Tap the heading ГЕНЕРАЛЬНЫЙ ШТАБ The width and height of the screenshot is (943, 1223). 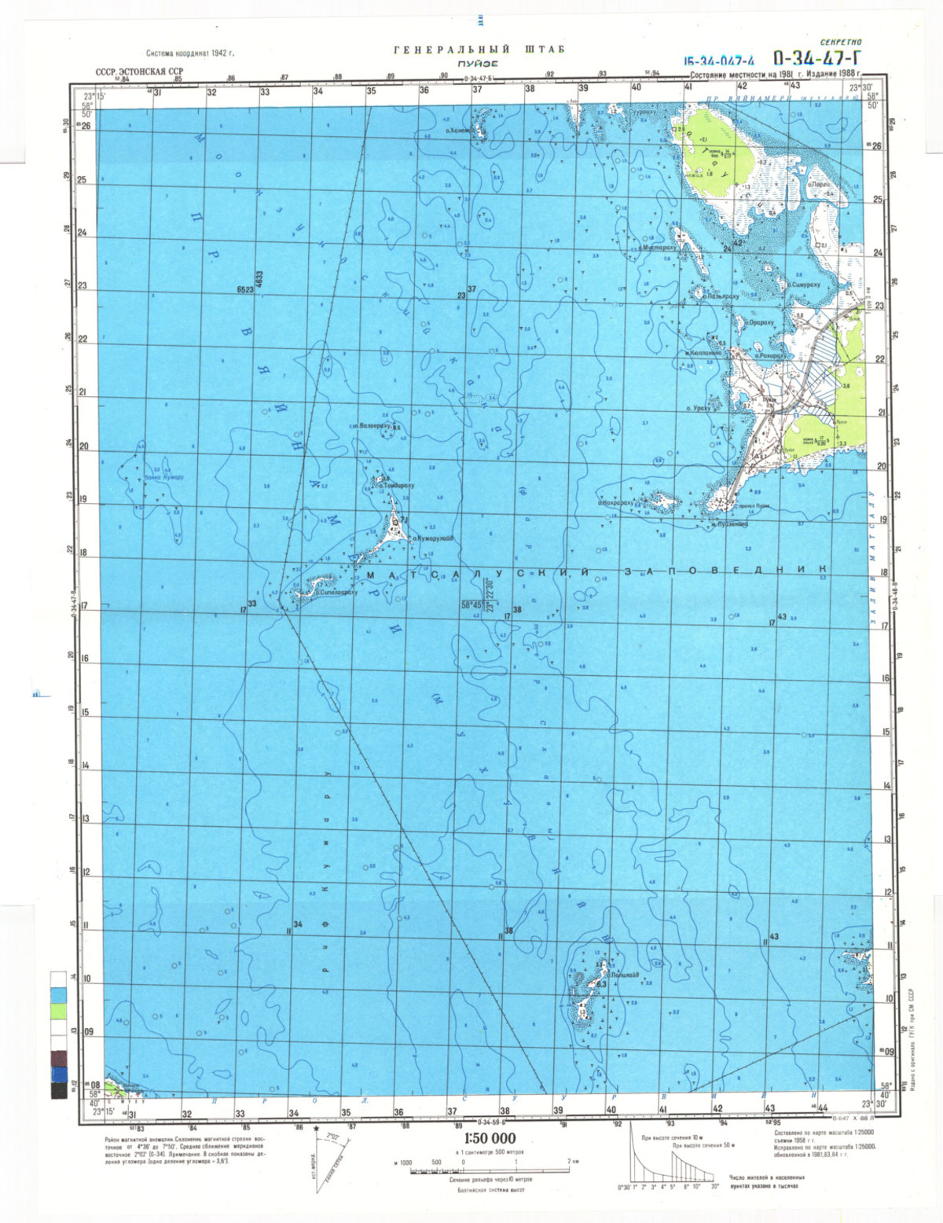click(x=479, y=50)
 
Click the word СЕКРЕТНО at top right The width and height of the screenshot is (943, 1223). click(x=840, y=42)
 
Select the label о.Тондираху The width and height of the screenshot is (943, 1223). click(x=396, y=486)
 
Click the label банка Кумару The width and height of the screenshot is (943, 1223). click(x=163, y=477)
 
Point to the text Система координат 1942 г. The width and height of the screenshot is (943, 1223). click(x=191, y=53)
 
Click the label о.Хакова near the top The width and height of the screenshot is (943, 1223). click(x=457, y=130)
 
